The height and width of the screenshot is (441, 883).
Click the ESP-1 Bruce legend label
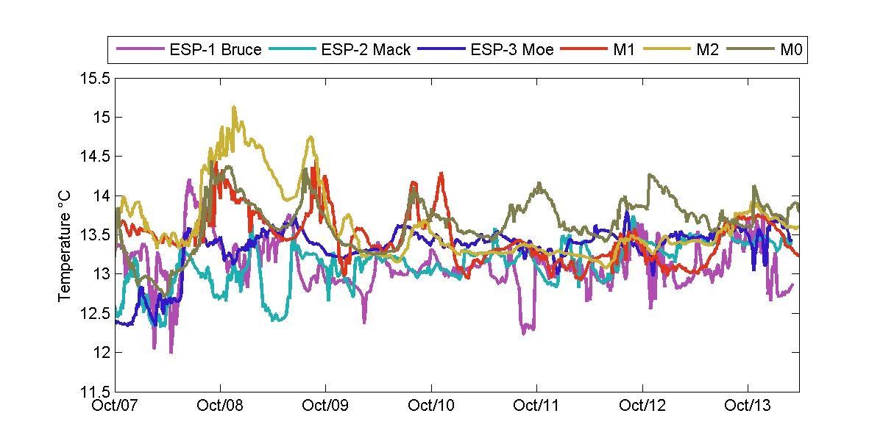pos(213,51)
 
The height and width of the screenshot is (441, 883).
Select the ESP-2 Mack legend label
pos(366,51)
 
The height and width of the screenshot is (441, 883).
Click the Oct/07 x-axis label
pos(116,406)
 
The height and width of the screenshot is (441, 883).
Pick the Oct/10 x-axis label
pos(431,406)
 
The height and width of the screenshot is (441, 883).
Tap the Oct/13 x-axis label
pos(748,406)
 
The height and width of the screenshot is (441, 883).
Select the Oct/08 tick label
pos(221,406)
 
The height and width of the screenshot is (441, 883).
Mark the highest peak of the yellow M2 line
pos(234,107)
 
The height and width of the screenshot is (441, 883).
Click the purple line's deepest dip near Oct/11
pos(524,333)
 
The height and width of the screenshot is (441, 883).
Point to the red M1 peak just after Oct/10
pos(441,173)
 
